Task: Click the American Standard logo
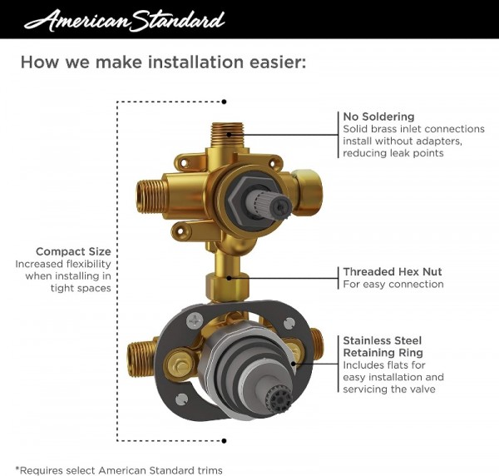click(x=124, y=20)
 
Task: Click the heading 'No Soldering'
click(x=378, y=117)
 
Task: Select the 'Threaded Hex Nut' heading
click(x=393, y=271)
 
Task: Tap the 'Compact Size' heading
click(x=73, y=251)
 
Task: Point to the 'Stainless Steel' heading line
click(x=383, y=340)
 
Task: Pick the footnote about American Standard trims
click(x=119, y=470)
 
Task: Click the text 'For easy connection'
click(x=393, y=284)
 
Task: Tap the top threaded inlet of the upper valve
click(x=227, y=135)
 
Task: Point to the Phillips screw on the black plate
click(x=195, y=321)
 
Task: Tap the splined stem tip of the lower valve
click(x=279, y=399)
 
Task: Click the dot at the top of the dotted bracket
click(x=224, y=102)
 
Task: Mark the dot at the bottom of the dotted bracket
click(x=224, y=441)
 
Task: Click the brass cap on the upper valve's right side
click(x=306, y=192)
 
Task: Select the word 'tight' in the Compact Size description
click(x=62, y=289)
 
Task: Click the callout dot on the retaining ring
click(x=293, y=364)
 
